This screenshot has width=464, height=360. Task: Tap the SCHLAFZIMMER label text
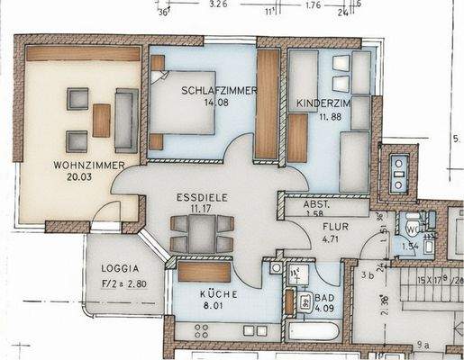219,91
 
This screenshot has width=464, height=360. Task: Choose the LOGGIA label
120,268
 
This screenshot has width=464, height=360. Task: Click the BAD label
321,301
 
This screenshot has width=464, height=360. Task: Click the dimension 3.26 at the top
217,4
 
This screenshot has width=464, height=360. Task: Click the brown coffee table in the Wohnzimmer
101,120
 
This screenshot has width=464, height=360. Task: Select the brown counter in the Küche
205,272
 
